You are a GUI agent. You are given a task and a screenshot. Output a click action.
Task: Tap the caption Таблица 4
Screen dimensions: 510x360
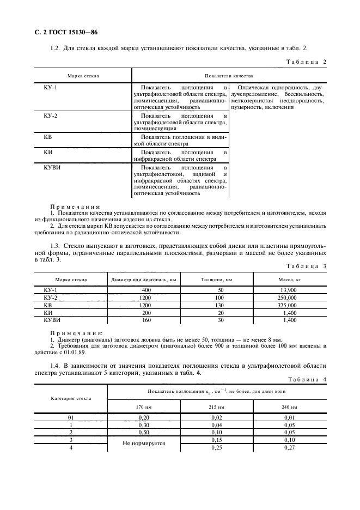[305, 380]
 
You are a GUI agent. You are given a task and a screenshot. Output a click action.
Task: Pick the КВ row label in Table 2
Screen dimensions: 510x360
[47, 137]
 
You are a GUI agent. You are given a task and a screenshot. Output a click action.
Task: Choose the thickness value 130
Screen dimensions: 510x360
[219, 306]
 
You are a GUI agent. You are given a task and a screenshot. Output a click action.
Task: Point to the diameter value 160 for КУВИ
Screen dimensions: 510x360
[146, 321]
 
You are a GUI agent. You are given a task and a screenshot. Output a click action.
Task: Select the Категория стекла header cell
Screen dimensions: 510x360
[71, 398]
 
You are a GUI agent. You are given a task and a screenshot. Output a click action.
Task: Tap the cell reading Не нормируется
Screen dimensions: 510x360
[144, 444]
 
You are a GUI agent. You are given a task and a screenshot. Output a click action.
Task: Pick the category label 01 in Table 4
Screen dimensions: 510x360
[71, 417]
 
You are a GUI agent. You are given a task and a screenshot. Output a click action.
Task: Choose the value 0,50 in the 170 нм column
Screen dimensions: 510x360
[144, 432]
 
